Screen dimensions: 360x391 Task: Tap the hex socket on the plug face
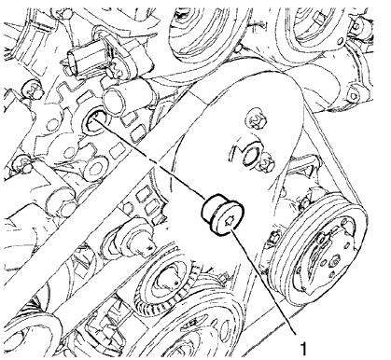click(x=229, y=221)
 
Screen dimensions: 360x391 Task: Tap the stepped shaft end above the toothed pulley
click(x=141, y=244)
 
